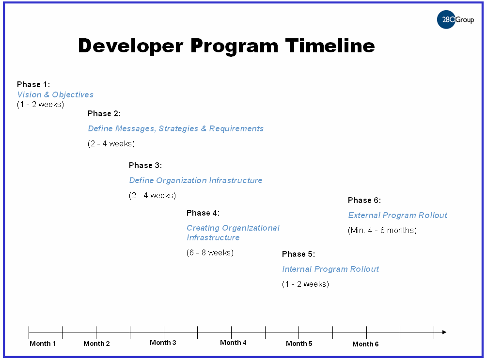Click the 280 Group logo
click(456, 19)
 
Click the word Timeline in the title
click(330, 46)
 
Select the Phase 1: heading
click(33, 84)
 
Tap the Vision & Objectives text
click(55, 94)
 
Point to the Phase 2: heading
click(104, 114)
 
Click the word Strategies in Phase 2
click(178, 128)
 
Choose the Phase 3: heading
click(145, 166)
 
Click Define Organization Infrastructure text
click(196, 180)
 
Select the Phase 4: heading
click(203, 213)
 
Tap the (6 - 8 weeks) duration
click(210, 252)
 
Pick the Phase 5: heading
click(298, 254)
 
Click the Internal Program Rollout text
click(330, 269)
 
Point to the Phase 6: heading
click(364, 200)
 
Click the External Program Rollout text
click(397, 215)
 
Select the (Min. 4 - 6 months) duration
click(382, 230)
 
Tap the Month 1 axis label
click(43, 344)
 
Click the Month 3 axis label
click(163, 343)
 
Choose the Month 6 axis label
click(365, 344)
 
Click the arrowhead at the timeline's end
click(444, 332)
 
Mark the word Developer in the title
click(131, 47)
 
